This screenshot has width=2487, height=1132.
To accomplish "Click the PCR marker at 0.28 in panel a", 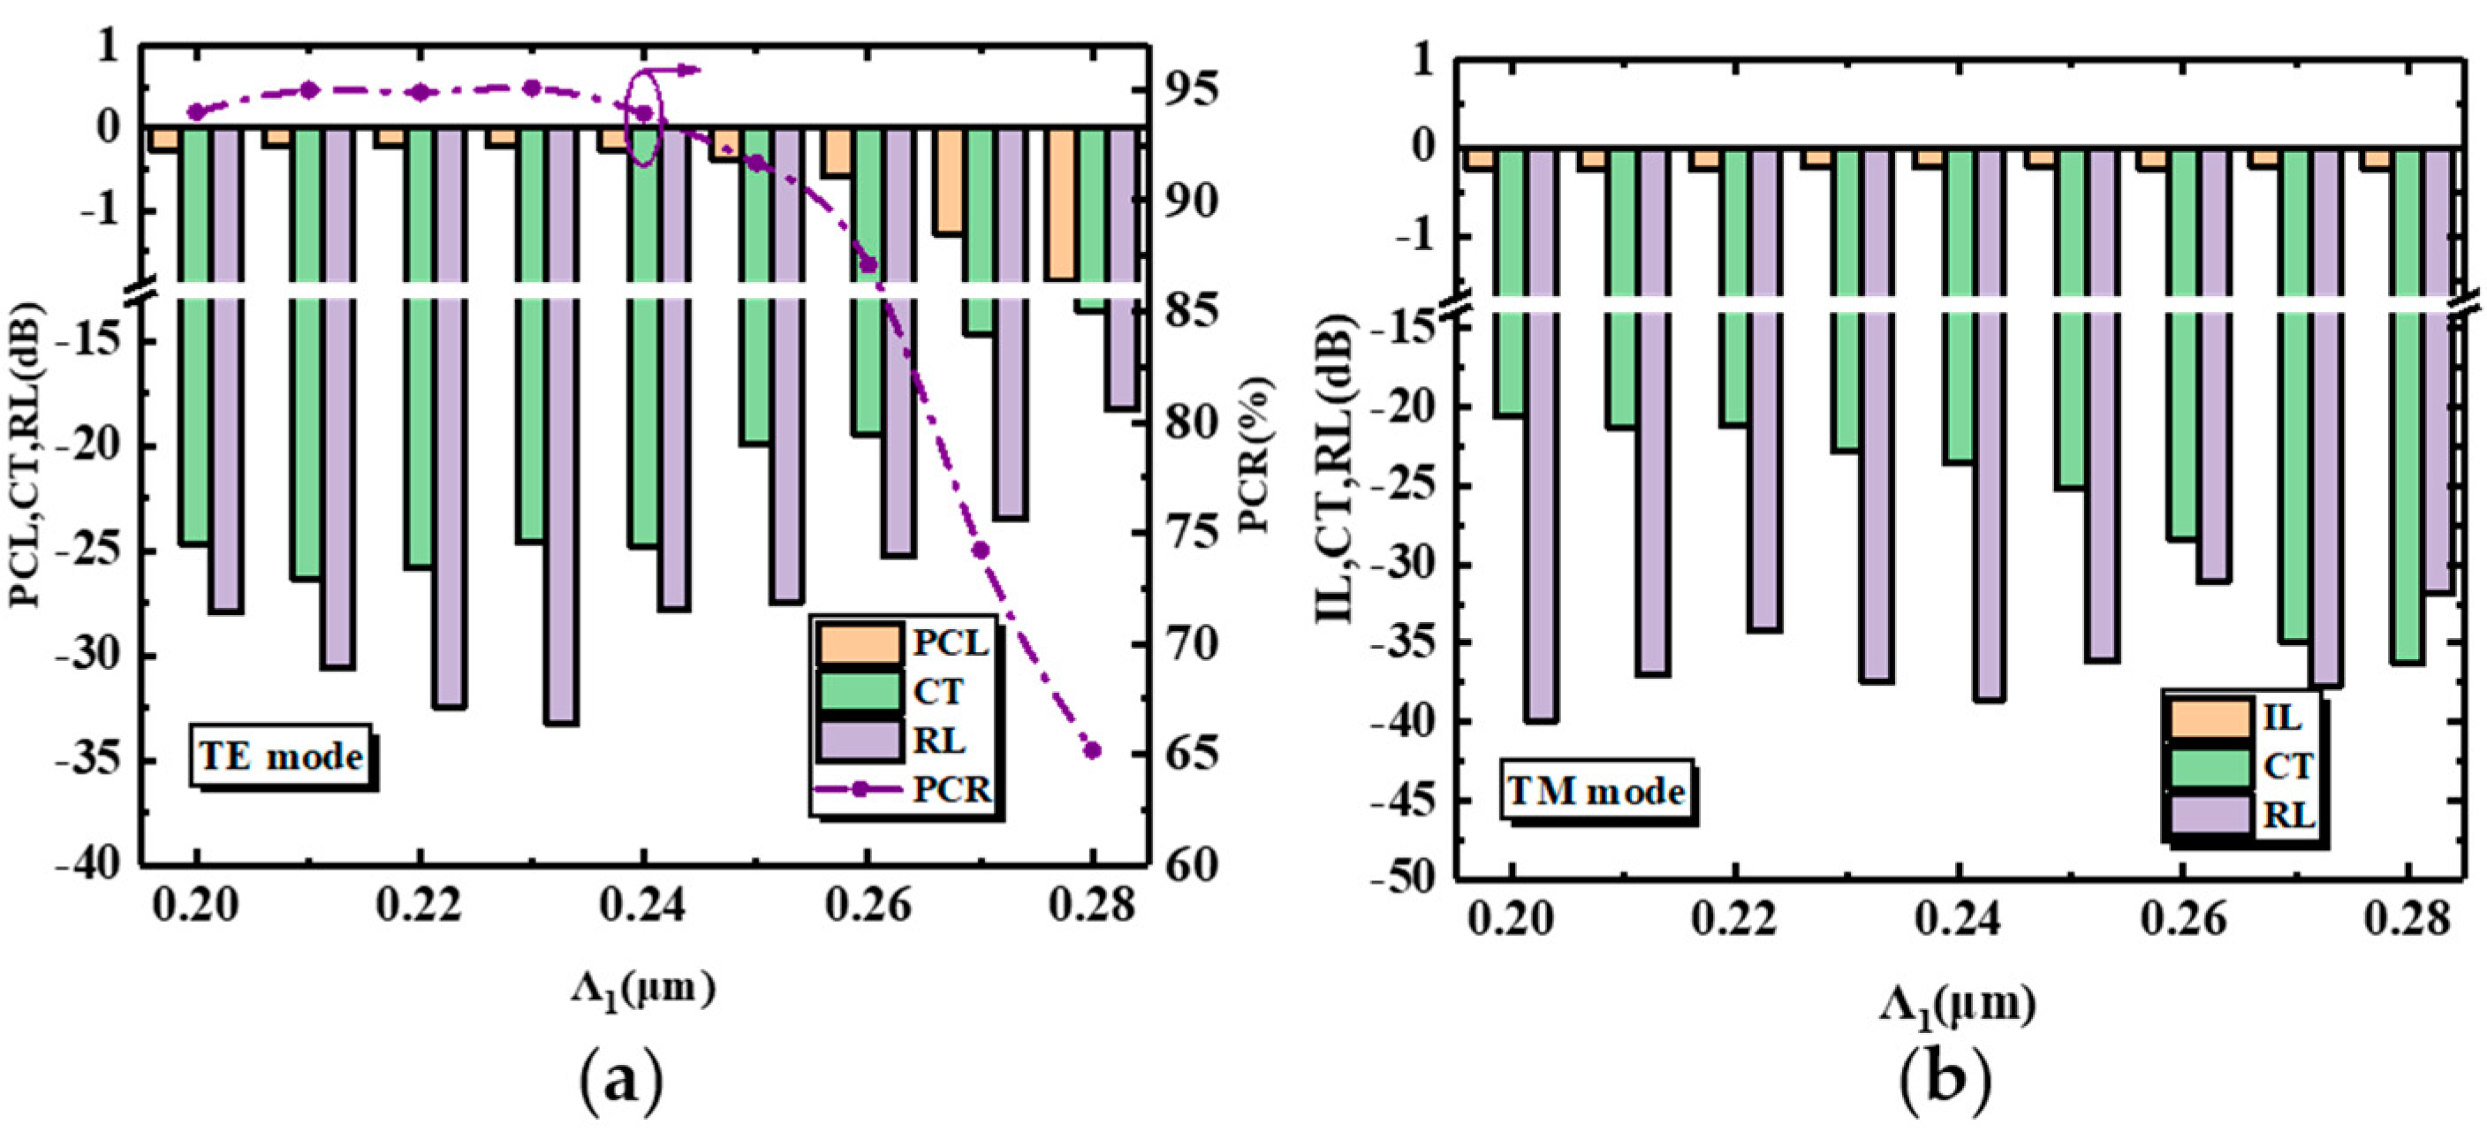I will click(x=1092, y=750).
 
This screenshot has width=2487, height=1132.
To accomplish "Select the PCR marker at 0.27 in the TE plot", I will click(x=981, y=550).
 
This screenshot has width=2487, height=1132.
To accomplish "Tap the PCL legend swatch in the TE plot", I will click(x=858, y=644).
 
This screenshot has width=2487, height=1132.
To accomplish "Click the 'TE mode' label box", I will click(x=281, y=756).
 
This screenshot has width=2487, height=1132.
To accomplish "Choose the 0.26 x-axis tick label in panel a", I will click(x=867, y=907).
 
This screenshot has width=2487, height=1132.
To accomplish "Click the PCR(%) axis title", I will click(x=1256, y=454).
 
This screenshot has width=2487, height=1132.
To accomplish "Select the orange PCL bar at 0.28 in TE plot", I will click(x=1061, y=203).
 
